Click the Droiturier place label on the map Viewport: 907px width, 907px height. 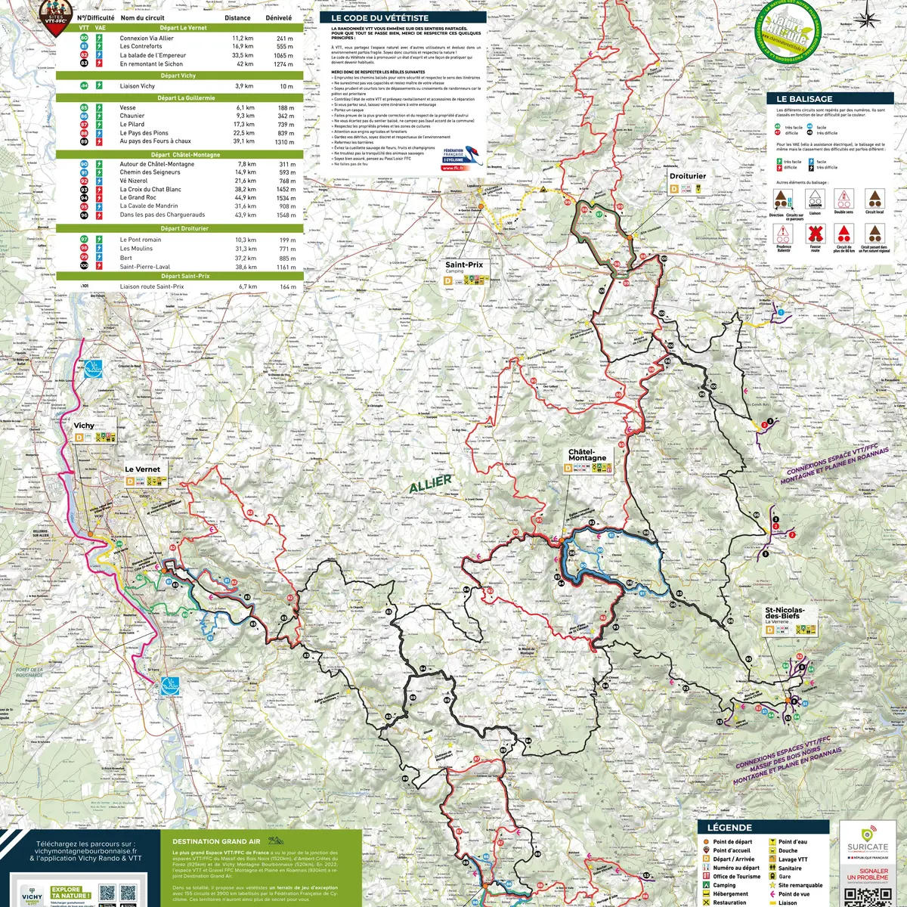pos(687,176)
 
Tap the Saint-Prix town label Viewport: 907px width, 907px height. pos(463,265)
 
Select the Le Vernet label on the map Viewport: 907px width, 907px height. pos(142,469)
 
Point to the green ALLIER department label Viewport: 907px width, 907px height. pos(431,484)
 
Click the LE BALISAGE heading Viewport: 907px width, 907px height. pos(804,99)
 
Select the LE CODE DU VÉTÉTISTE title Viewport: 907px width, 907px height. pos(379,17)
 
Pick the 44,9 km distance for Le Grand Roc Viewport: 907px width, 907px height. pos(245,197)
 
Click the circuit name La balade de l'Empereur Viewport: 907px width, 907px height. pos(153,55)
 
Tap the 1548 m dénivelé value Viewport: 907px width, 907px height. pos(286,215)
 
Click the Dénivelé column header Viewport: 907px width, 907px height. pos(278,17)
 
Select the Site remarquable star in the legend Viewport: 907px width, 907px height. pos(772,885)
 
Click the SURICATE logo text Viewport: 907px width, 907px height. pos(868,847)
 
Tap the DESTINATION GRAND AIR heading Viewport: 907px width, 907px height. pos(216,841)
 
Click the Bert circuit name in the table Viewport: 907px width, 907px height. pos(125,258)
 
